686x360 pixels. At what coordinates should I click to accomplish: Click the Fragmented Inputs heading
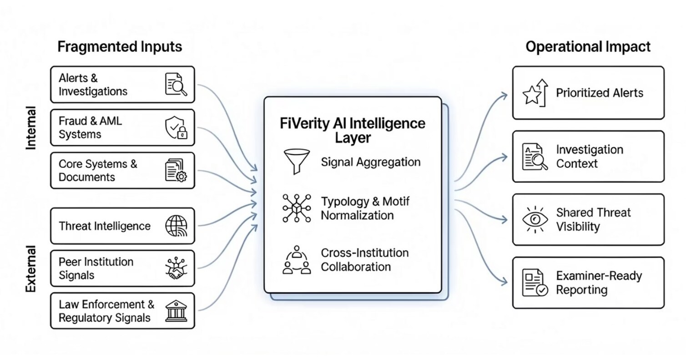pyautogui.click(x=120, y=47)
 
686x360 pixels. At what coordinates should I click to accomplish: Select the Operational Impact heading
pyautogui.click(x=588, y=47)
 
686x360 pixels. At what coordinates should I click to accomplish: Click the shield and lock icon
pyautogui.click(x=176, y=127)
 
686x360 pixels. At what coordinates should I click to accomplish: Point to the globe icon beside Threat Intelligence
pyautogui.click(x=176, y=226)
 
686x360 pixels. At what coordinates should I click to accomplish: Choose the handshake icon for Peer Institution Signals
pyautogui.click(x=176, y=269)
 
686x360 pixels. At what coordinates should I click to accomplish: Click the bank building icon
pyautogui.click(x=176, y=311)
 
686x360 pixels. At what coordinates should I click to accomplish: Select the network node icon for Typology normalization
pyautogui.click(x=296, y=208)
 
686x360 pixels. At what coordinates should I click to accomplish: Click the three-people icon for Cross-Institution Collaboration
pyautogui.click(x=296, y=260)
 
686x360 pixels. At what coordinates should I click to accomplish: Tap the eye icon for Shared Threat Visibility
pyautogui.click(x=535, y=219)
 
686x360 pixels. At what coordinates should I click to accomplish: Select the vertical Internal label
pyautogui.click(x=31, y=128)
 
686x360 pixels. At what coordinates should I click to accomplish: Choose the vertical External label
pyautogui.click(x=31, y=269)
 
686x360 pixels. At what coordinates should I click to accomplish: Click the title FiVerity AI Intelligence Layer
pyautogui.click(x=353, y=130)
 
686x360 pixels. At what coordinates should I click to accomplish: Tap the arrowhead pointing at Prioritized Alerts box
pyautogui.click(x=504, y=95)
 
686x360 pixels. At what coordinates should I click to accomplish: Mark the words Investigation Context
pyautogui.click(x=589, y=157)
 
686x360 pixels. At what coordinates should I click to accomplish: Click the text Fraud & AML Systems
pyautogui.click(x=90, y=127)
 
